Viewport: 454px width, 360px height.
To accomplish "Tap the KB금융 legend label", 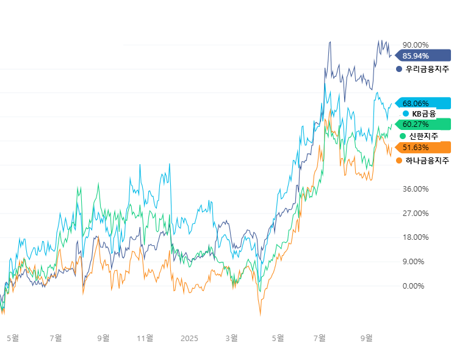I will pyautogui.click(x=423, y=113).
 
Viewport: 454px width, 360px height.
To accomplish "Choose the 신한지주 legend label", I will pyautogui.click(x=423, y=135).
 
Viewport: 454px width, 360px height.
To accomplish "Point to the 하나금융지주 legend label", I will pyautogui.click(x=427, y=160).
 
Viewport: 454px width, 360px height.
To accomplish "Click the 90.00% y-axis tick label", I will pyautogui.click(x=416, y=45).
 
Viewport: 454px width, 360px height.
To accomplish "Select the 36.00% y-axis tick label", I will pyautogui.click(x=416, y=189).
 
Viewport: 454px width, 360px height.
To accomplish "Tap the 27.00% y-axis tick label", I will pyautogui.click(x=416, y=214).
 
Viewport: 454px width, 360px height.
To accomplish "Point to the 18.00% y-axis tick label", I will pyautogui.click(x=416, y=237).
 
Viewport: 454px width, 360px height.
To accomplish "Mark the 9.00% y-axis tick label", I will pyautogui.click(x=417, y=262).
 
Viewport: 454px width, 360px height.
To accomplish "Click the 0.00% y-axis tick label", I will pyautogui.click(x=417, y=286).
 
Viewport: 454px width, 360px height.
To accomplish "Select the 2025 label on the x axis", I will pyautogui.click(x=189, y=338).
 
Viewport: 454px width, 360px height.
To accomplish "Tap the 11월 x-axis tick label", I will pyautogui.click(x=145, y=338).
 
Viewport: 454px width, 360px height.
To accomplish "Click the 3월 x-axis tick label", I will pyautogui.click(x=231, y=338).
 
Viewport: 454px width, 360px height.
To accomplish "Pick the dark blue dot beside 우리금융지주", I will pyautogui.click(x=399, y=70).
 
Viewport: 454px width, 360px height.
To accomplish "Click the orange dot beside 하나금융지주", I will pyautogui.click(x=399, y=160).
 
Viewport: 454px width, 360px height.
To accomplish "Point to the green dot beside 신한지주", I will pyautogui.click(x=403, y=135).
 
